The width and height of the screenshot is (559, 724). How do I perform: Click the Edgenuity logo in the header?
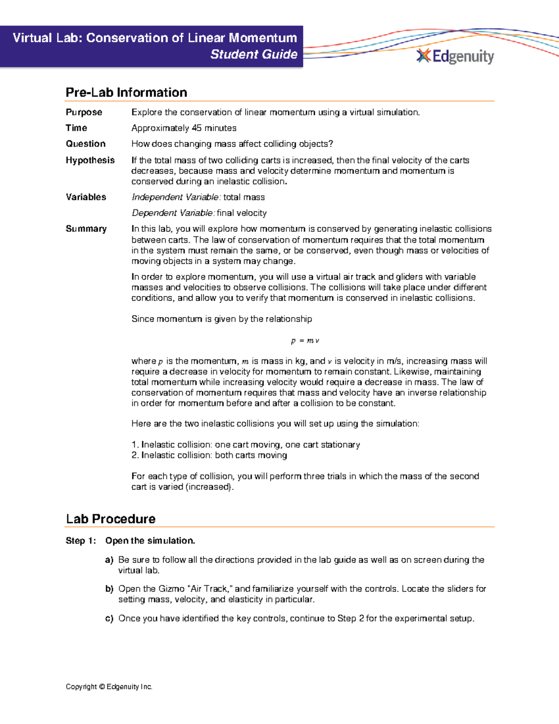coord(455,56)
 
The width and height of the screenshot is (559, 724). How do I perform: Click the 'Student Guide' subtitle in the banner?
coord(253,55)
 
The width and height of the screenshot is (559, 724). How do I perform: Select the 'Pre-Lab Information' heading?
coord(126,92)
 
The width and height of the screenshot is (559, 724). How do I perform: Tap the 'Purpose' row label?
coord(84,112)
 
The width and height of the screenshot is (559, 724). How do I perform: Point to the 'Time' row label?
coord(76,128)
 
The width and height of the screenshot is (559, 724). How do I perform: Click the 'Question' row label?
coord(86,144)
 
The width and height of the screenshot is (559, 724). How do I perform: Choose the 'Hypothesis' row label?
coord(90,160)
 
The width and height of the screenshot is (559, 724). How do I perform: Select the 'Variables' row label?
coord(86,197)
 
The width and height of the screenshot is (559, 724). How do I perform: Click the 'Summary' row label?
coord(86,229)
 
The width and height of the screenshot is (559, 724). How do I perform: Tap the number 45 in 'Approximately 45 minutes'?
coord(197,128)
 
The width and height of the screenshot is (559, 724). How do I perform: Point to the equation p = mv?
coord(305,341)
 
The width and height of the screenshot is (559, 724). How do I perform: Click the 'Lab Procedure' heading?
coord(110,519)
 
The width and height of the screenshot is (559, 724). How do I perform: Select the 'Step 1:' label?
coord(81,541)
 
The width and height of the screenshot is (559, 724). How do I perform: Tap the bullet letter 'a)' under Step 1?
coord(109,560)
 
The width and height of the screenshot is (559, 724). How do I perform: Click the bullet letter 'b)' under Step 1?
coord(109,589)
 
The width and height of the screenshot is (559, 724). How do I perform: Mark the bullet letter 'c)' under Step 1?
coord(109,619)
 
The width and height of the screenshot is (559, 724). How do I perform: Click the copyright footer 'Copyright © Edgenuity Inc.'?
coord(109,687)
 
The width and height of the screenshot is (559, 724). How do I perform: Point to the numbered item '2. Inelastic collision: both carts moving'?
coord(209,455)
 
